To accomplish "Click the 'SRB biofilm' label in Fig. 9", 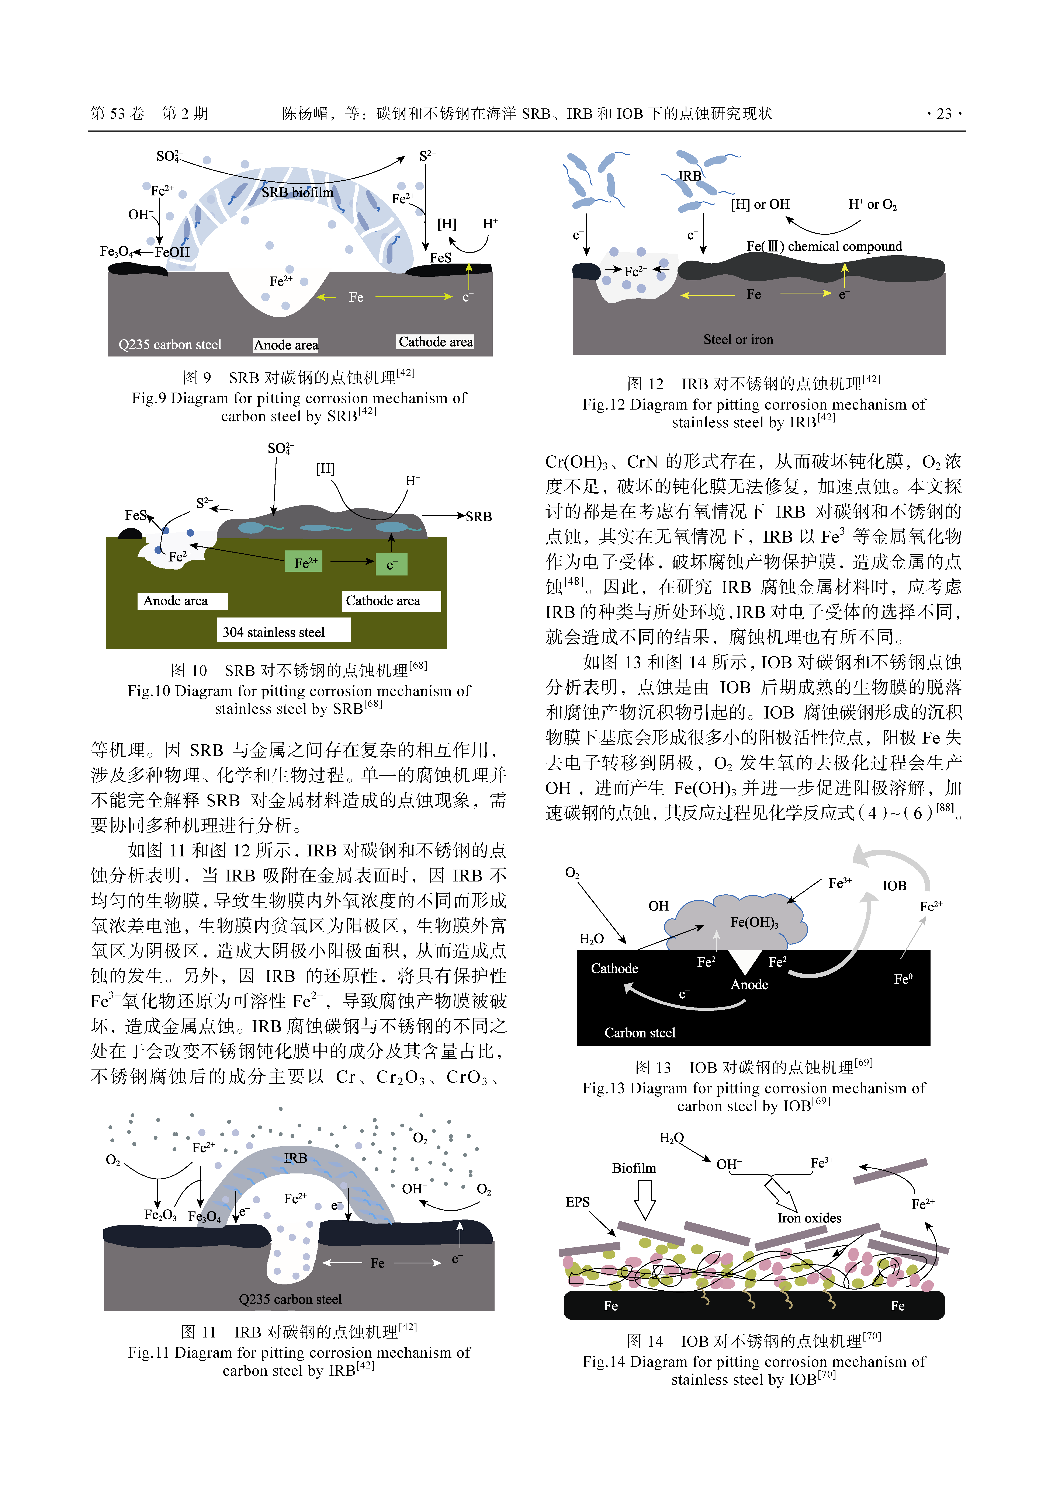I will pyautogui.click(x=297, y=193).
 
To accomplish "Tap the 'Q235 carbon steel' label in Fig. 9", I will pyautogui.click(x=170, y=344).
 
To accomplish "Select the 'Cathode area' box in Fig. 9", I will pyautogui.click(x=435, y=342).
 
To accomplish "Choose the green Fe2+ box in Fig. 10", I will pyautogui.click(x=305, y=562).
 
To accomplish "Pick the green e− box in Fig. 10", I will pyautogui.click(x=391, y=564).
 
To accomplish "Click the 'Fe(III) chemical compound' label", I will pyautogui.click(x=824, y=246).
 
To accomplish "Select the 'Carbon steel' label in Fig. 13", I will pyautogui.click(x=640, y=1032).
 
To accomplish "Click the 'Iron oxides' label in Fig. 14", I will pyautogui.click(x=809, y=1218).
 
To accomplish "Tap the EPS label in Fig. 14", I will pyautogui.click(x=577, y=1202).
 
